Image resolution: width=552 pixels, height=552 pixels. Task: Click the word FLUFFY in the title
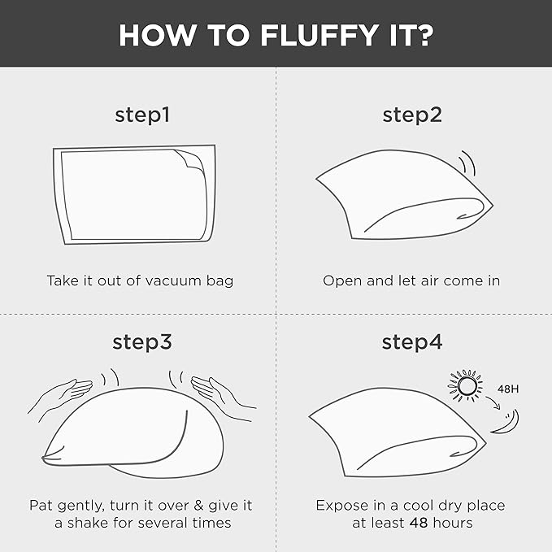[x=319, y=36]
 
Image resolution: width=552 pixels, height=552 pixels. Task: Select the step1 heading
[x=142, y=115]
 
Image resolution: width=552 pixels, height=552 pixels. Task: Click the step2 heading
[x=412, y=115]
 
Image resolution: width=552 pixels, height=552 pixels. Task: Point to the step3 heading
[x=142, y=341]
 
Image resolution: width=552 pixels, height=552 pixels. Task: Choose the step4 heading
[x=412, y=341]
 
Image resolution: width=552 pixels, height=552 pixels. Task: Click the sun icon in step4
[x=466, y=385]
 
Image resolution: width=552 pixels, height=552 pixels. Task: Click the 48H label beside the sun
[x=508, y=389]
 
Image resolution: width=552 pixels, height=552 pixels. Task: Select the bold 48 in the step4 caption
[x=419, y=523]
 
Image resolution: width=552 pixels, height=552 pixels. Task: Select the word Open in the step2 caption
[x=342, y=281]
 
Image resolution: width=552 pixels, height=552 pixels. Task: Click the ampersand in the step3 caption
[x=199, y=506]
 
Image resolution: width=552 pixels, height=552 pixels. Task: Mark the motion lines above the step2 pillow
[x=467, y=163]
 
